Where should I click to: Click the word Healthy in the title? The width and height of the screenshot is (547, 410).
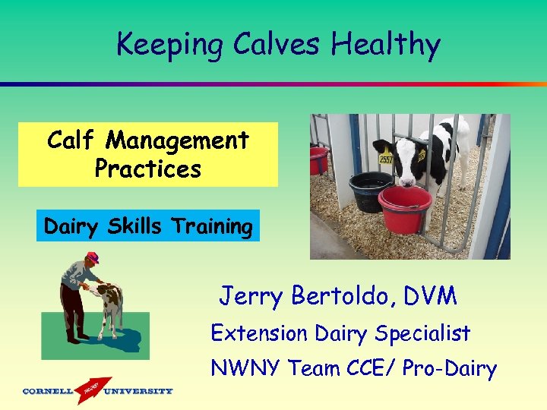click(385, 46)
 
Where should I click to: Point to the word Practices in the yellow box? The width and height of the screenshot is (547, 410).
click(148, 169)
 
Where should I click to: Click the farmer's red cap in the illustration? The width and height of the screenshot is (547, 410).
click(93, 257)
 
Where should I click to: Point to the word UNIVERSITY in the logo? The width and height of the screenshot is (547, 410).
click(138, 392)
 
